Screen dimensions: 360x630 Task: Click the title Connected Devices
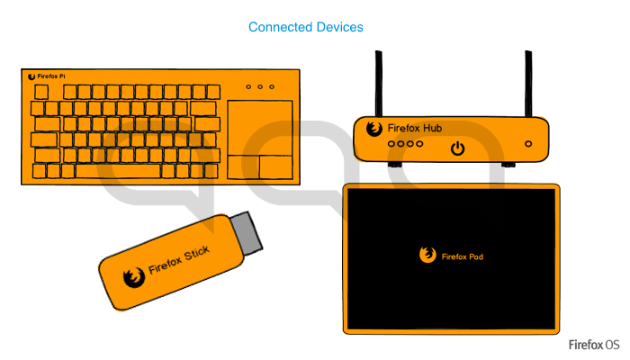(x=306, y=27)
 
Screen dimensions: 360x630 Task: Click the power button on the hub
(x=458, y=148)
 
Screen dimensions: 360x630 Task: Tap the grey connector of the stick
(x=247, y=231)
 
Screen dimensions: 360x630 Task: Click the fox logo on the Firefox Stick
(x=134, y=277)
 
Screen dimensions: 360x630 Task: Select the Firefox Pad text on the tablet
(x=463, y=256)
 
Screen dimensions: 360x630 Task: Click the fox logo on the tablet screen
(x=427, y=255)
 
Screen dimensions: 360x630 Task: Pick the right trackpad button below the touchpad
(x=275, y=166)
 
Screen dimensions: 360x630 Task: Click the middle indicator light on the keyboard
(x=259, y=87)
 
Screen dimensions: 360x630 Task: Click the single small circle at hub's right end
(x=528, y=144)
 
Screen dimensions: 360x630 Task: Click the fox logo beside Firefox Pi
(x=31, y=77)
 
